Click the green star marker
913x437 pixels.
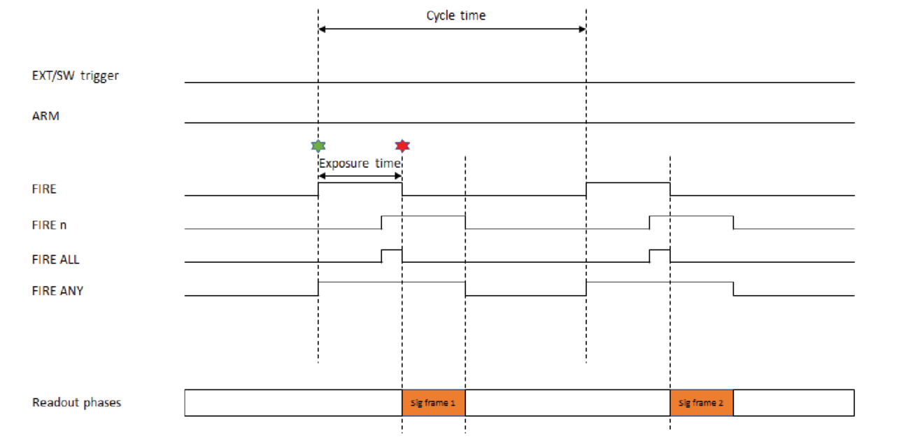click(x=318, y=146)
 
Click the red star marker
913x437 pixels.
click(x=402, y=146)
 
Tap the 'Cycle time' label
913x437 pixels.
click(x=455, y=15)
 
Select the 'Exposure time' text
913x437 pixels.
click(x=360, y=163)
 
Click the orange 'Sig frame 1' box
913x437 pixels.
click(x=434, y=403)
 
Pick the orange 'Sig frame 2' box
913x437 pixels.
click(x=702, y=403)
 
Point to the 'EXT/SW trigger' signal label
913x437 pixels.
click(x=76, y=76)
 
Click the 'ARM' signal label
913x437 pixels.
click(x=46, y=116)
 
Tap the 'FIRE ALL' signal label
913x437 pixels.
click(x=56, y=259)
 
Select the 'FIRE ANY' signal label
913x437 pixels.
click(x=57, y=291)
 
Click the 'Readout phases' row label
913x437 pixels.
click(x=76, y=403)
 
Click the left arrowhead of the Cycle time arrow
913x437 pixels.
click(x=323, y=29)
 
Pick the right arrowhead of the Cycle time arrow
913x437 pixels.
click(x=582, y=29)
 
